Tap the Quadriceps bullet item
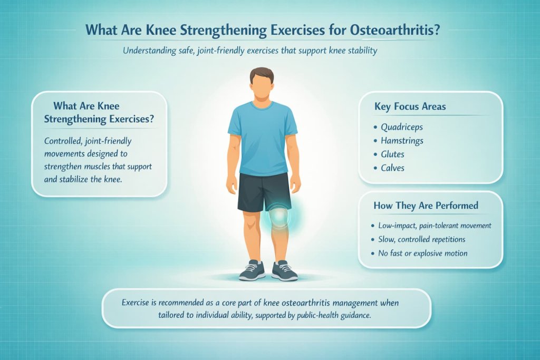[x=401, y=127]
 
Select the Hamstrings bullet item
[x=402, y=141]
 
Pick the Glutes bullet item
[x=392, y=154]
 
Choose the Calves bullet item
[x=393, y=168]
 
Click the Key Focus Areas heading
[x=410, y=106]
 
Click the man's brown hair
[x=262, y=74]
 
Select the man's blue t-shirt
[x=262, y=137]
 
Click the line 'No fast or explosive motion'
[x=422, y=253]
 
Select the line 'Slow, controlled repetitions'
[x=422, y=239]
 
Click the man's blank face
[x=262, y=87]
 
